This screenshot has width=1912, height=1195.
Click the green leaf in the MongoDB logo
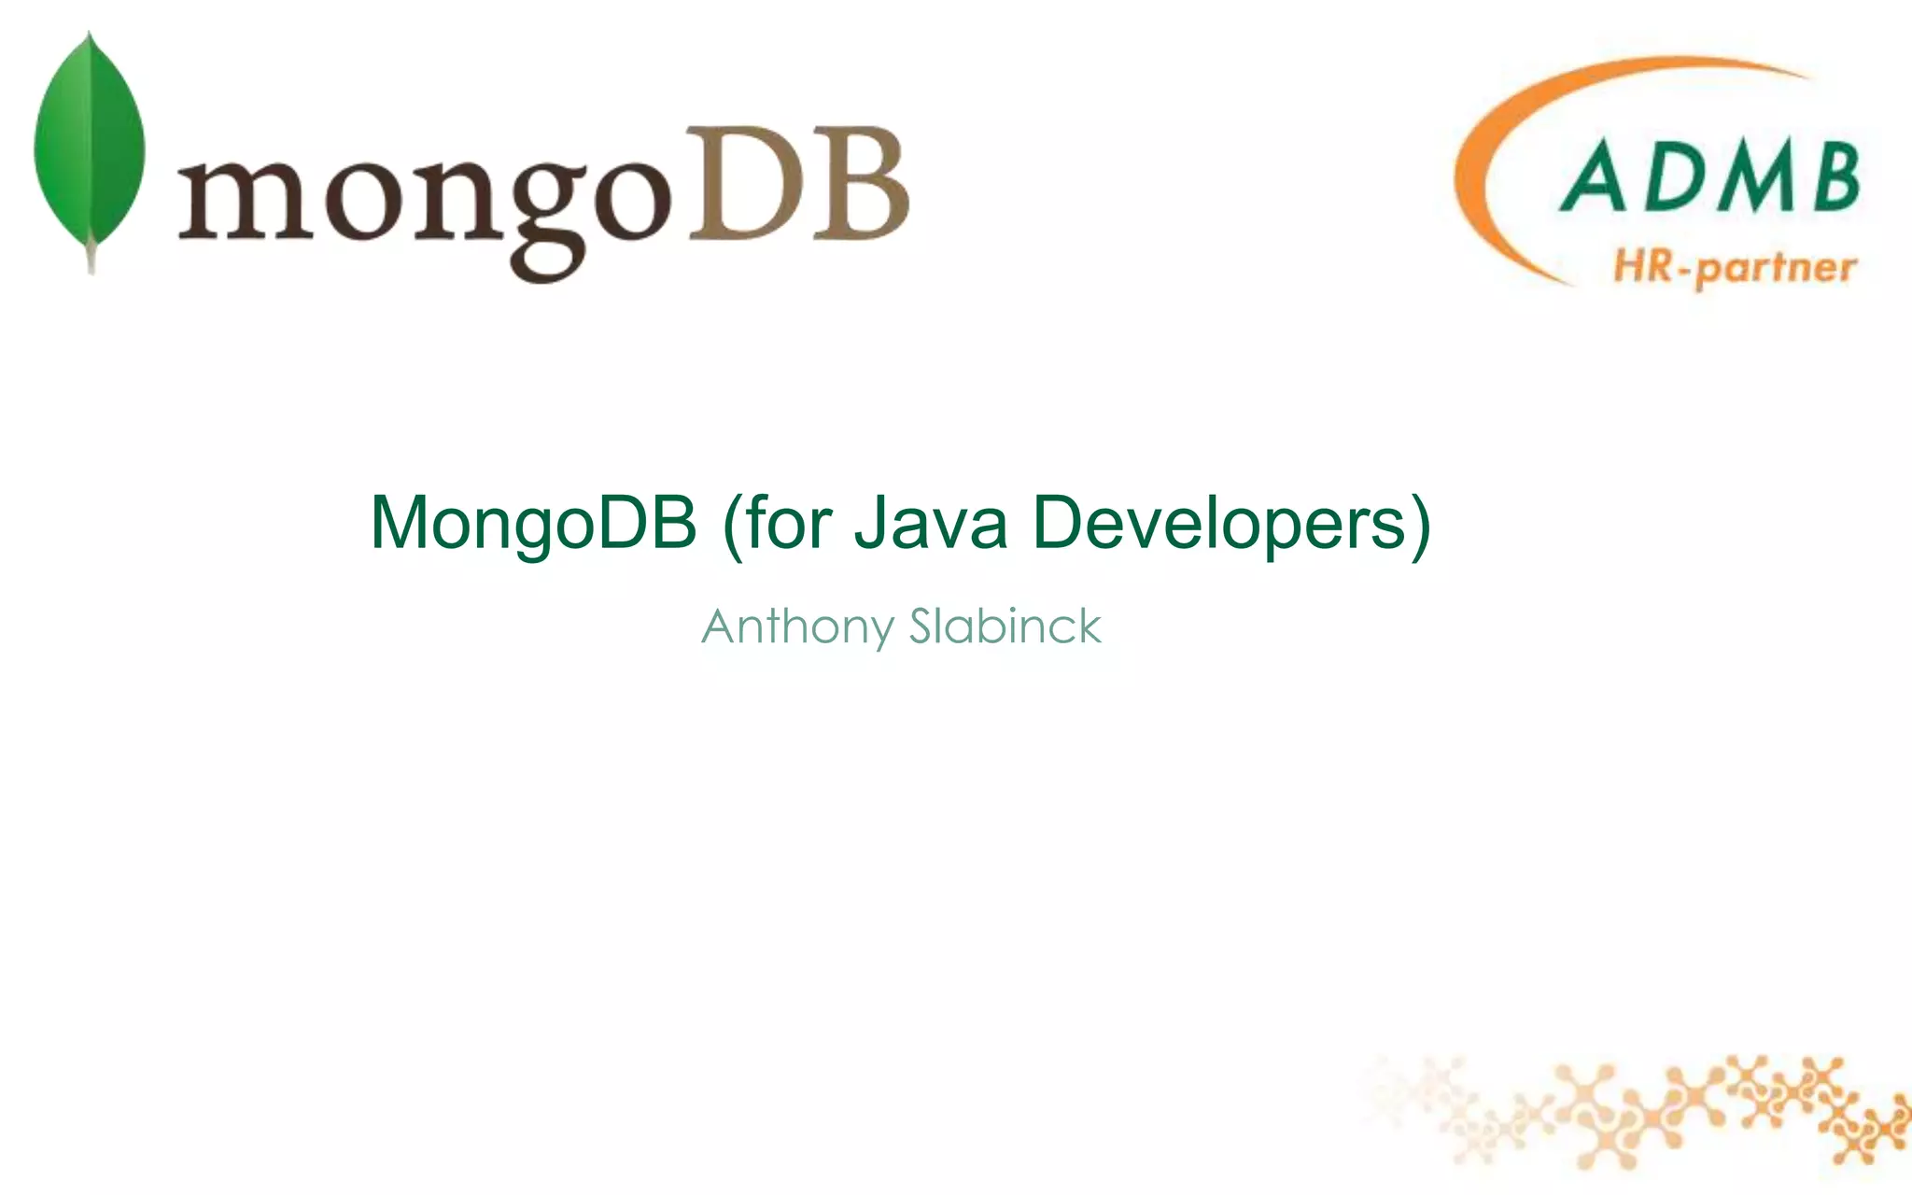coord(90,140)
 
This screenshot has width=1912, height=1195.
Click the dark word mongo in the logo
coord(425,201)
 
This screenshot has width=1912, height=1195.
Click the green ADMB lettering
coord(1708,177)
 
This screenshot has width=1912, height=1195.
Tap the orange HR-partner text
coord(1735,269)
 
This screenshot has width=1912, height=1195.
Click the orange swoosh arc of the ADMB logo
coord(1494,140)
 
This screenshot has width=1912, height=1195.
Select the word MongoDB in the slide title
coord(533,523)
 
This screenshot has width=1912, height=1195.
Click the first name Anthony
coord(797,627)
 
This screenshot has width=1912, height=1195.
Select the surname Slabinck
coord(1005,626)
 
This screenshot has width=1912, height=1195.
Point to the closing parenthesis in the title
coord(1420,525)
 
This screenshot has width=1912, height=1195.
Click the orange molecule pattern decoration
coord(1680,1111)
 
